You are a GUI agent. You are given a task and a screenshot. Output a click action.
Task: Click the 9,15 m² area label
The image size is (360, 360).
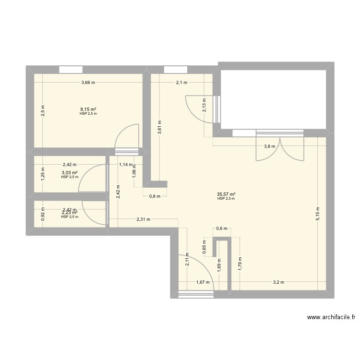coord(88,109)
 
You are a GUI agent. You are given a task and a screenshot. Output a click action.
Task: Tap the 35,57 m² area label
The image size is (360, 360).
coord(226,195)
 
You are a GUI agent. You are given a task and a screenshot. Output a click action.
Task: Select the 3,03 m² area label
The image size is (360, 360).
coord(70,173)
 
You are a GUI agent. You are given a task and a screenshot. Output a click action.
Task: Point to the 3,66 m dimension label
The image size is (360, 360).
coord(88,83)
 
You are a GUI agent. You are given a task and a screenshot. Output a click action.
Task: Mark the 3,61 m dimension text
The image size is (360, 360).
coord(159,128)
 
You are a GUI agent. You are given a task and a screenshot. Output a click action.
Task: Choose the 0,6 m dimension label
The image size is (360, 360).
coord(221,229)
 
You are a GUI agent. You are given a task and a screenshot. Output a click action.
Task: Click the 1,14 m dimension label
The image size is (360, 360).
coord(125,164)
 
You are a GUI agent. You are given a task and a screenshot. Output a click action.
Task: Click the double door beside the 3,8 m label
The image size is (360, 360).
coord(280,146)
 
